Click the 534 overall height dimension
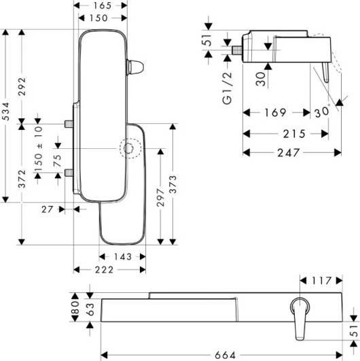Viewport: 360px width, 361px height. [6, 111]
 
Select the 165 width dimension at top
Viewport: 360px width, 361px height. [103, 5]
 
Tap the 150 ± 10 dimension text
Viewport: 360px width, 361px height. [39, 149]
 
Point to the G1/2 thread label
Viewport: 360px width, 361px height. [228, 88]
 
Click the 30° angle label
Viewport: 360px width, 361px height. [322, 111]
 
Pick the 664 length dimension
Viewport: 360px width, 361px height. [226, 355]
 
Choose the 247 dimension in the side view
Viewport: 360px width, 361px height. [289, 153]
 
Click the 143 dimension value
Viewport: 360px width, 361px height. [122, 256]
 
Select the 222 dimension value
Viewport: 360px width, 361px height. [104, 270]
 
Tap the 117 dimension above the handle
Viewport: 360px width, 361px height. [321, 280]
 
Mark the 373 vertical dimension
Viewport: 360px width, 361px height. [173, 184]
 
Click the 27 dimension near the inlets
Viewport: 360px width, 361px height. [47, 209]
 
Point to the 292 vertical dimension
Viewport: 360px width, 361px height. [22, 86]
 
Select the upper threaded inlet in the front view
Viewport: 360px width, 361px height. [69, 124]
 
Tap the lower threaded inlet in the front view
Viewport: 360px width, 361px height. [69, 173]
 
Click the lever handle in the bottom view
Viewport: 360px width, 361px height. [299, 319]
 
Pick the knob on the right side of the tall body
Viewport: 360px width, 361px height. [135, 67]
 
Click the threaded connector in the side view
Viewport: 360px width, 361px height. [237, 50]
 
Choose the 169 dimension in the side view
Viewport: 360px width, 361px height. [276, 113]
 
